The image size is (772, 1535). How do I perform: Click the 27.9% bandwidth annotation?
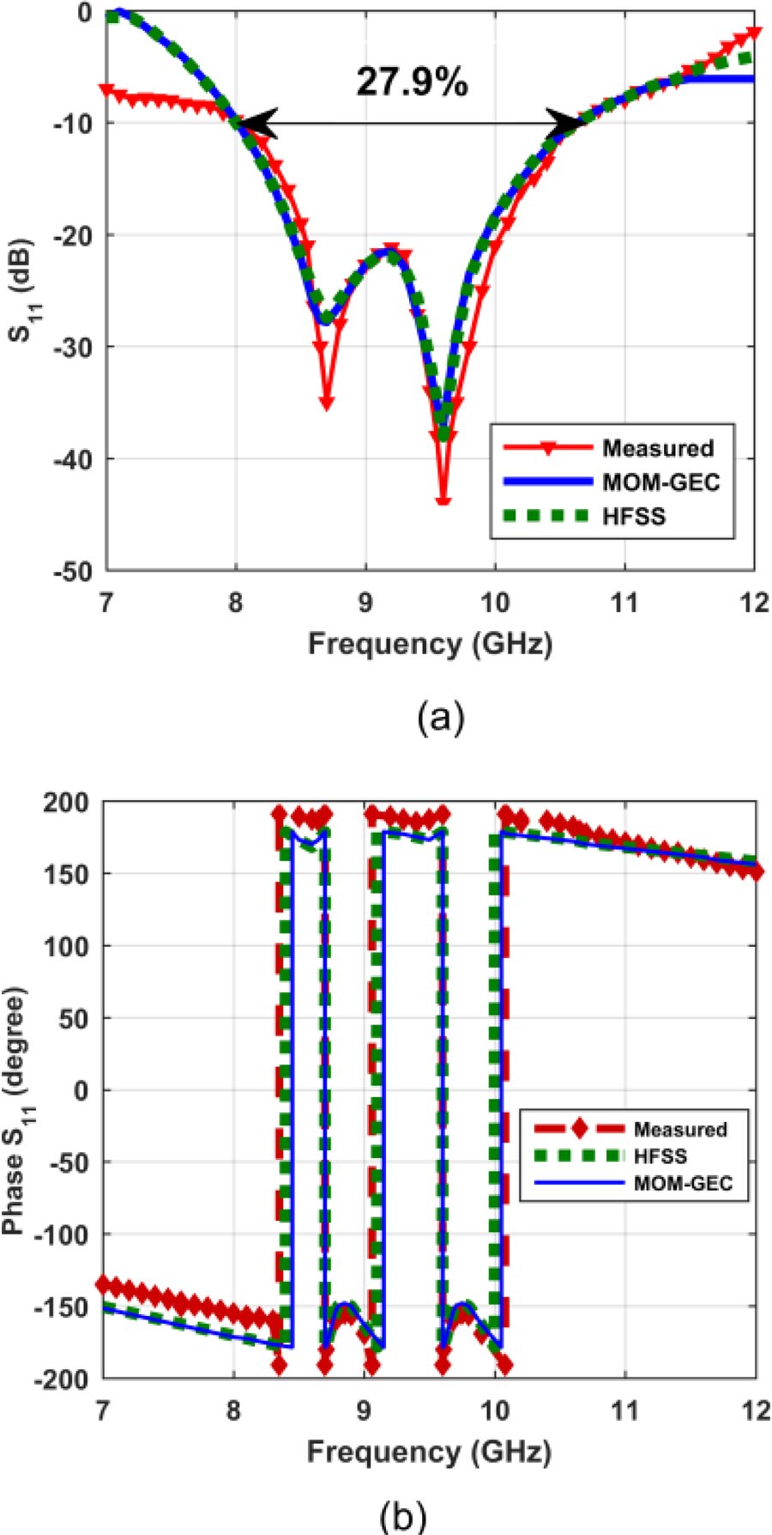pyautogui.click(x=413, y=82)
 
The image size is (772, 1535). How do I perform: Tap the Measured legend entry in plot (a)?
pyautogui.click(x=658, y=448)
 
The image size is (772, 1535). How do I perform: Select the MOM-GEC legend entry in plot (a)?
pyautogui.click(x=660, y=482)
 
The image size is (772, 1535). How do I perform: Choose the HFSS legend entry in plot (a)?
pyautogui.click(x=634, y=516)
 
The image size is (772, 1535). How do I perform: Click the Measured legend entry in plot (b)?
pyautogui.click(x=680, y=1129)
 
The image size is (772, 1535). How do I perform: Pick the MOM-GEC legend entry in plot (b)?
pyautogui.click(x=683, y=1183)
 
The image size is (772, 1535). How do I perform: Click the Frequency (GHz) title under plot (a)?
pyautogui.click(x=430, y=642)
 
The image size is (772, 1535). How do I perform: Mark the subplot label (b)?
pyautogui.click(x=402, y=1518)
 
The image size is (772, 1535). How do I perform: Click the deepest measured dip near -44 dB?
pyautogui.click(x=443, y=501)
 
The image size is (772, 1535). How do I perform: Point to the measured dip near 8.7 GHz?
pyautogui.click(x=327, y=402)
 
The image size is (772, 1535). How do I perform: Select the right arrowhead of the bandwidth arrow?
pyautogui.click(x=568, y=124)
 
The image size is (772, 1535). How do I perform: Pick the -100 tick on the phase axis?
pyautogui.click(x=64, y=1235)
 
